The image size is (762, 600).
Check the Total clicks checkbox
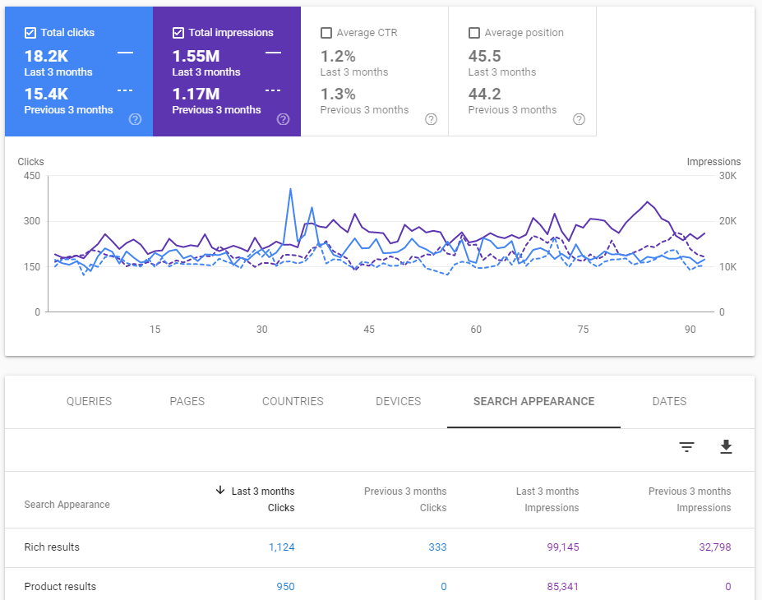(x=30, y=33)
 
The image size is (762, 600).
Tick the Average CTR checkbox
(x=326, y=33)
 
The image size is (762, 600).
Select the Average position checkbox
(x=473, y=33)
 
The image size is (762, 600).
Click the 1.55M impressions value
(x=196, y=57)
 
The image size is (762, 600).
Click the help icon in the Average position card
(x=579, y=119)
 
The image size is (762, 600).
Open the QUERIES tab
(x=89, y=401)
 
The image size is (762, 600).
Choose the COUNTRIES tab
(x=293, y=401)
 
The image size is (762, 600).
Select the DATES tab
(x=669, y=401)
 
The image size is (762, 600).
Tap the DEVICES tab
(x=398, y=401)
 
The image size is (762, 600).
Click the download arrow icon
(x=726, y=446)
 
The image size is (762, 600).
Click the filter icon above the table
(x=686, y=446)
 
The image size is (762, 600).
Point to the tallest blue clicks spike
(x=290, y=190)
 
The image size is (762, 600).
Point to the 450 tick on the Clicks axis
(x=32, y=176)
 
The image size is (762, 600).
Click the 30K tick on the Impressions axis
(x=727, y=176)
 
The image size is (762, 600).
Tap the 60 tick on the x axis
(x=476, y=330)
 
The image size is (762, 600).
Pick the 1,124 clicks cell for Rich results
(x=281, y=547)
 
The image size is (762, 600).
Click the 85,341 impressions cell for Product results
(x=563, y=586)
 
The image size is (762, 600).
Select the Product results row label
(x=60, y=586)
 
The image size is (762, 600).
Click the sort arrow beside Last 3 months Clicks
(x=220, y=490)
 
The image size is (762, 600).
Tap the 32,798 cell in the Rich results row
(x=715, y=547)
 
